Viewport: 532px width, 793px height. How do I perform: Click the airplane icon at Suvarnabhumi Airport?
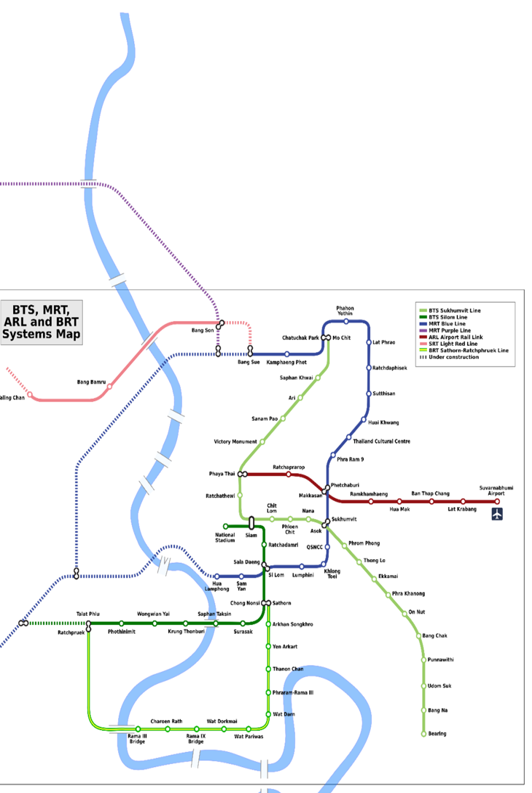[x=497, y=514]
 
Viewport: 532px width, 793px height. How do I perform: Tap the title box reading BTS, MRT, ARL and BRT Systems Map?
[x=41, y=322]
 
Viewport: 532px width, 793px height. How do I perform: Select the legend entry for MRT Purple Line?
[x=449, y=331]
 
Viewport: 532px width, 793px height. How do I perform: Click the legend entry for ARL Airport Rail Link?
[x=455, y=337]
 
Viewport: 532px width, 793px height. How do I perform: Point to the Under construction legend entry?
[x=453, y=357]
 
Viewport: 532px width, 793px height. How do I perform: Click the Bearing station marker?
[x=424, y=734]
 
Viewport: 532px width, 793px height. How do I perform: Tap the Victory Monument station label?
[x=235, y=442]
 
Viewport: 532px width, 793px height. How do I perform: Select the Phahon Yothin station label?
[x=345, y=311]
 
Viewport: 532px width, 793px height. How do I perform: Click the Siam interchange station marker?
[x=252, y=523]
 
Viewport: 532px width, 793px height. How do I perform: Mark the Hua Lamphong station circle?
[x=216, y=576]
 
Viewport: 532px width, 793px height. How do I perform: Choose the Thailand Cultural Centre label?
[x=382, y=441]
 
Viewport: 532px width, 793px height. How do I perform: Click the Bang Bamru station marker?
[x=109, y=387]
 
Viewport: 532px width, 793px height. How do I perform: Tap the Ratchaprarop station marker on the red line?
[x=289, y=474]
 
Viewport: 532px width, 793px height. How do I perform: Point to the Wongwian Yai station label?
[x=153, y=614]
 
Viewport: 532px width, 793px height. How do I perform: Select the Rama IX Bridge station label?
[x=196, y=739]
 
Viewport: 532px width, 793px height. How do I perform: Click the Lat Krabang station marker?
[x=463, y=501]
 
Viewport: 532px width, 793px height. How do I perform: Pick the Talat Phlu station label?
[x=88, y=614]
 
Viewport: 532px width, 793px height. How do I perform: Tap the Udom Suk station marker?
[x=424, y=686]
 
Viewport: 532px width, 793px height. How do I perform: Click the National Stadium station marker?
[x=226, y=527]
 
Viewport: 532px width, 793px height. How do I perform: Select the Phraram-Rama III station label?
[x=293, y=693]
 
